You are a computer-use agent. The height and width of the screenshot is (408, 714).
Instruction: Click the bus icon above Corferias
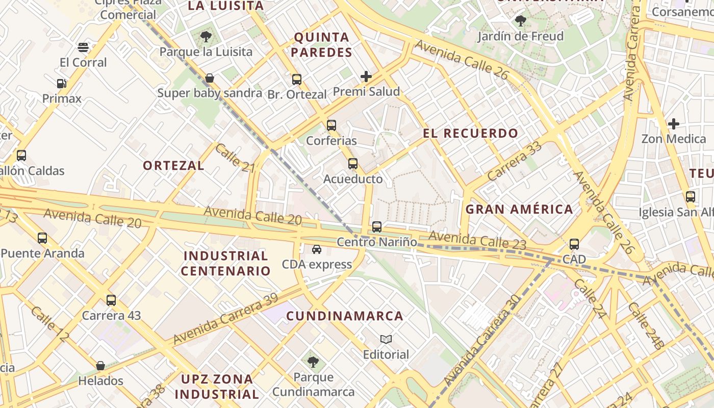331,125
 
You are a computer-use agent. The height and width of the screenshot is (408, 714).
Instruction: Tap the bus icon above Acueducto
353,164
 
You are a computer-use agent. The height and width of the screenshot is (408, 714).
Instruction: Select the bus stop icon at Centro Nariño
377,227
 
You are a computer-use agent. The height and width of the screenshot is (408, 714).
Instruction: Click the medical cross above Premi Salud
366,76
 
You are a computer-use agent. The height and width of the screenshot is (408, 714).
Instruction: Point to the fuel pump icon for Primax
62,84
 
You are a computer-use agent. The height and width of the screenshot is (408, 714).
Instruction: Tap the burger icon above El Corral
84,47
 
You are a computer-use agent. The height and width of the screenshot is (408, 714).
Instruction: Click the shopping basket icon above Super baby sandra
209,78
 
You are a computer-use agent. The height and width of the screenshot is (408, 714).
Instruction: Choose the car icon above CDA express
317,249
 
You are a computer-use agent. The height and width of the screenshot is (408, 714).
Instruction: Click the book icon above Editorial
386,339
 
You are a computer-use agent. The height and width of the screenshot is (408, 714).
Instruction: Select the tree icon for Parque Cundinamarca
313,362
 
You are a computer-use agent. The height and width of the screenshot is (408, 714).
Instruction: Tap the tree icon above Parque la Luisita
206,37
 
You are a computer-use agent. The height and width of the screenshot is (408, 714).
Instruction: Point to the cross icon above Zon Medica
674,123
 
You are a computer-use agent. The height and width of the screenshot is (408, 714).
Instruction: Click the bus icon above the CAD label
574,244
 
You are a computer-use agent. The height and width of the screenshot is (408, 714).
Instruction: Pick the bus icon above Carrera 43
111,300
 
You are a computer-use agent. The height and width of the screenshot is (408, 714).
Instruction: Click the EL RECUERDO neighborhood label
470,134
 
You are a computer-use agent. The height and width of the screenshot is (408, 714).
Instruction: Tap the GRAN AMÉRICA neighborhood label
519,209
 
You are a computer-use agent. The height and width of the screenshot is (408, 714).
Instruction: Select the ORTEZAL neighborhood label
173,165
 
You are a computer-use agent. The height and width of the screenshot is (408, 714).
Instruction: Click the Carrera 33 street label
514,161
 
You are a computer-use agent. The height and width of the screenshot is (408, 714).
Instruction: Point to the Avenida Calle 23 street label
477,240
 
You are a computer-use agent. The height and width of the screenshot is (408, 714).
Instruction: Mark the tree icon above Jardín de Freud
521,21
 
